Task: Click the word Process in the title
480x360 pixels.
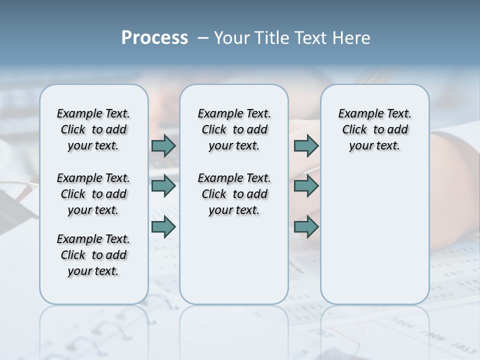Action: [x=154, y=38]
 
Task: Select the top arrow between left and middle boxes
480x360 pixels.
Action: [x=163, y=145]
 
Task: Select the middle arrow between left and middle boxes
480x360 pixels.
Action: [x=163, y=186]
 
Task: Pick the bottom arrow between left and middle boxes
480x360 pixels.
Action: [x=163, y=226]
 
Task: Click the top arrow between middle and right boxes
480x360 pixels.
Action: [x=306, y=145]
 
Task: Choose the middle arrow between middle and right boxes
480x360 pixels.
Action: [x=306, y=186]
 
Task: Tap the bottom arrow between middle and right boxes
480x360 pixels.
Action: [x=306, y=226]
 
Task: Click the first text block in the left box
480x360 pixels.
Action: [x=93, y=129]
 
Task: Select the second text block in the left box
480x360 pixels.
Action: [x=93, y=194]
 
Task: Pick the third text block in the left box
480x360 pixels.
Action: [x=93, y=255]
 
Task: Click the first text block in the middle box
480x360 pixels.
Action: [x=234, y=129]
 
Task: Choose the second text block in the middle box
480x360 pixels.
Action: [x=234, y=194]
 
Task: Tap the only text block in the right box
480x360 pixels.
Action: [x=374, y=129]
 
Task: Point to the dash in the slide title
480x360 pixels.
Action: [x=203, y=38]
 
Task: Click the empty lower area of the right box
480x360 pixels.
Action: [x=374, y=240]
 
